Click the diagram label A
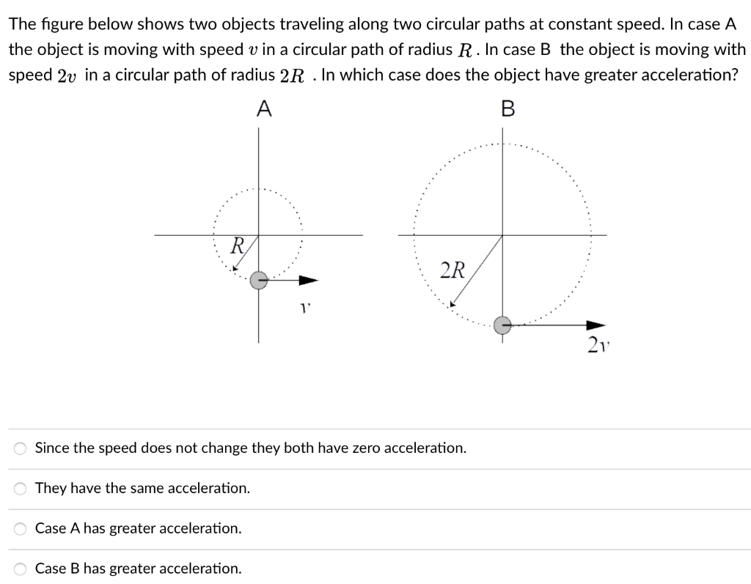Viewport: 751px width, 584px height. tap(264, 109)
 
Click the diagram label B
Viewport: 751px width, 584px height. tap(508, 109)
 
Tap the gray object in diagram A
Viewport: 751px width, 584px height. tap(259, 280)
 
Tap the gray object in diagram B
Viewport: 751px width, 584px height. tap(502, 325)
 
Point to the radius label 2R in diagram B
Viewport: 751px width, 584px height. tap(453, 270)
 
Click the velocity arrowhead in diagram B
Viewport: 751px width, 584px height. tap(597, 325)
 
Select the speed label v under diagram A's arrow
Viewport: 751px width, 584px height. tap(302, 309)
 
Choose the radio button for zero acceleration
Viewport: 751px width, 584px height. tap(22, 448)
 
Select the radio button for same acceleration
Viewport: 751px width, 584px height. tap(22, 488)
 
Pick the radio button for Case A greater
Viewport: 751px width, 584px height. tap(22, 528)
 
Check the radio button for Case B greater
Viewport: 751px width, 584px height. tap(22, 569)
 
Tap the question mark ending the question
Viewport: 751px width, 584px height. tap(733, 77)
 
